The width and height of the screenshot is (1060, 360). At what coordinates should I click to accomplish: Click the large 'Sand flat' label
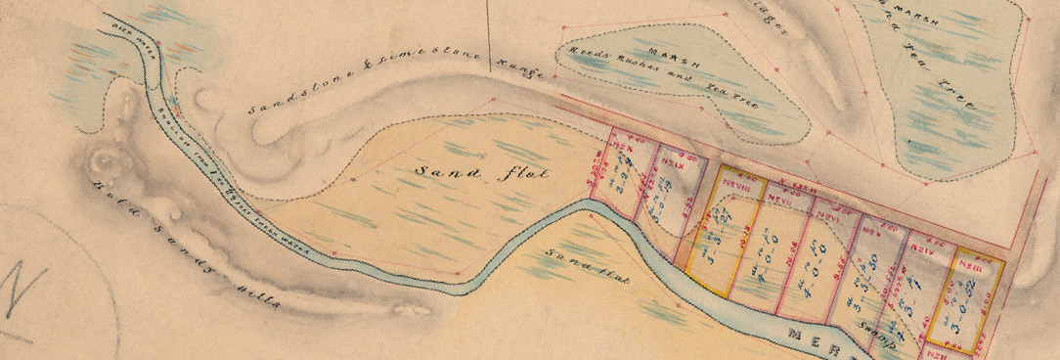click(x=481, y=174)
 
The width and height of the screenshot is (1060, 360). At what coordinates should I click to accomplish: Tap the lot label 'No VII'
click(x=778, y=197)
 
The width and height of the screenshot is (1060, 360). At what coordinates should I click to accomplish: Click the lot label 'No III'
click(x=969, y=266)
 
